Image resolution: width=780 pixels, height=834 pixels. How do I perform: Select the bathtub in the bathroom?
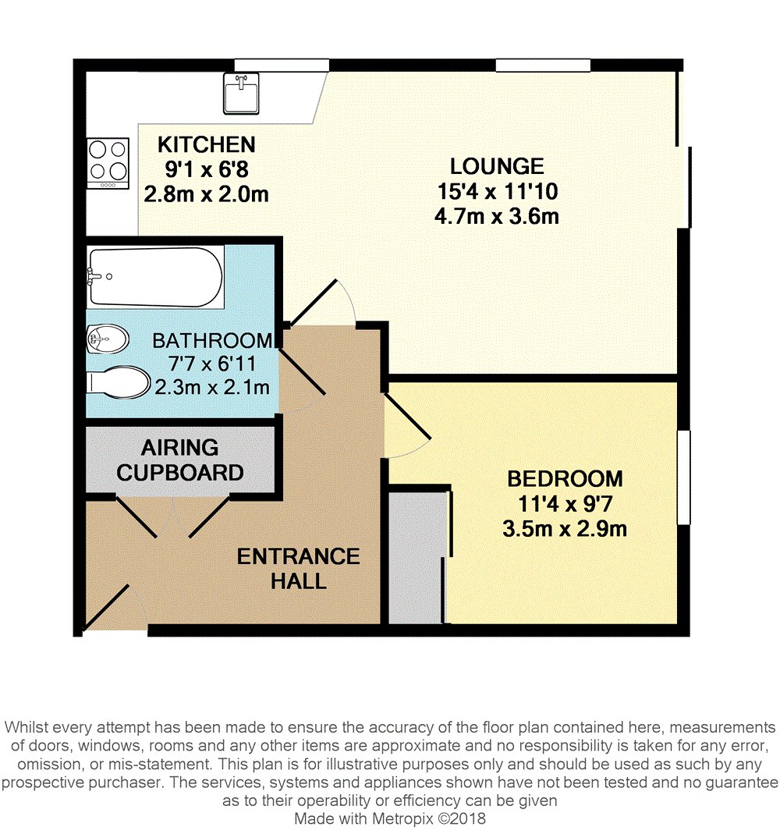(x=155, y=277)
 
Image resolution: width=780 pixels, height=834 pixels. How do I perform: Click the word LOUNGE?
(x=496, y=166)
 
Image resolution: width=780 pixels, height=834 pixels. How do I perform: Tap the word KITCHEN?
(x=206, y=144)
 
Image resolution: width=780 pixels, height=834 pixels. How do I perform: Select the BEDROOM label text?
(x=565, y=478)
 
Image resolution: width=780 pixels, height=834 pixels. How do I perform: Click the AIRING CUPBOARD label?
(x=180, y=460)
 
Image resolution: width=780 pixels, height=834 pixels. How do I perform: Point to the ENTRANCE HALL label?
(x=298, y=568)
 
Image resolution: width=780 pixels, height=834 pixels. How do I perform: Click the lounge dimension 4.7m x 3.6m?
(x=496, y=216)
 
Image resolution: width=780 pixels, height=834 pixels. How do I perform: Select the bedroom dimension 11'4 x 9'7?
(x=565, y=504)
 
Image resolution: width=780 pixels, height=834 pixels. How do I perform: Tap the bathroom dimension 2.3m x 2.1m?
(x=212, y=387)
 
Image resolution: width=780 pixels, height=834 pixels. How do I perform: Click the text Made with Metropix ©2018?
(x=389, y=819)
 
